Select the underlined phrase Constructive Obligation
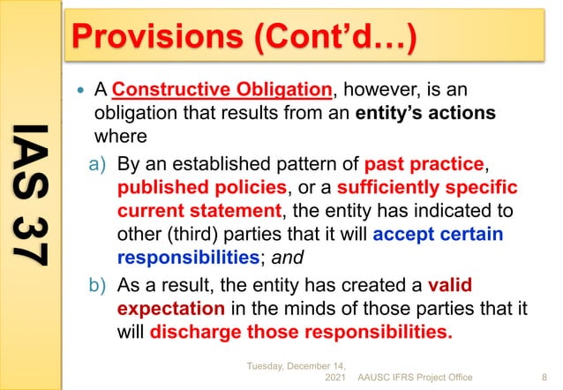point(223,91)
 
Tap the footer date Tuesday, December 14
point(295,364)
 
